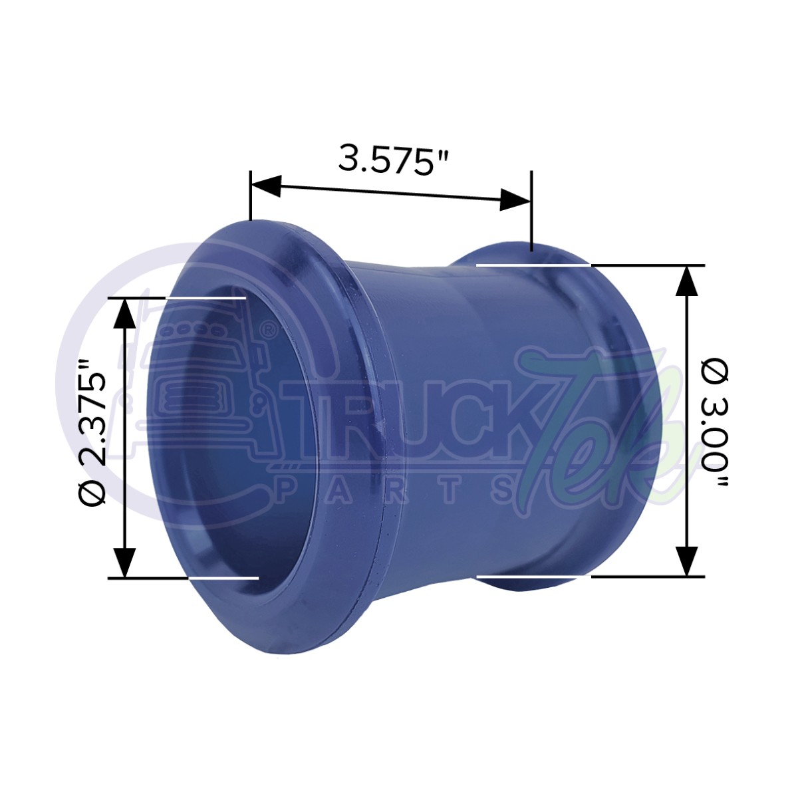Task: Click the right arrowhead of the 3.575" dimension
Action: [515, 199]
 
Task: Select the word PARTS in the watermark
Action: [399, 490]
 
